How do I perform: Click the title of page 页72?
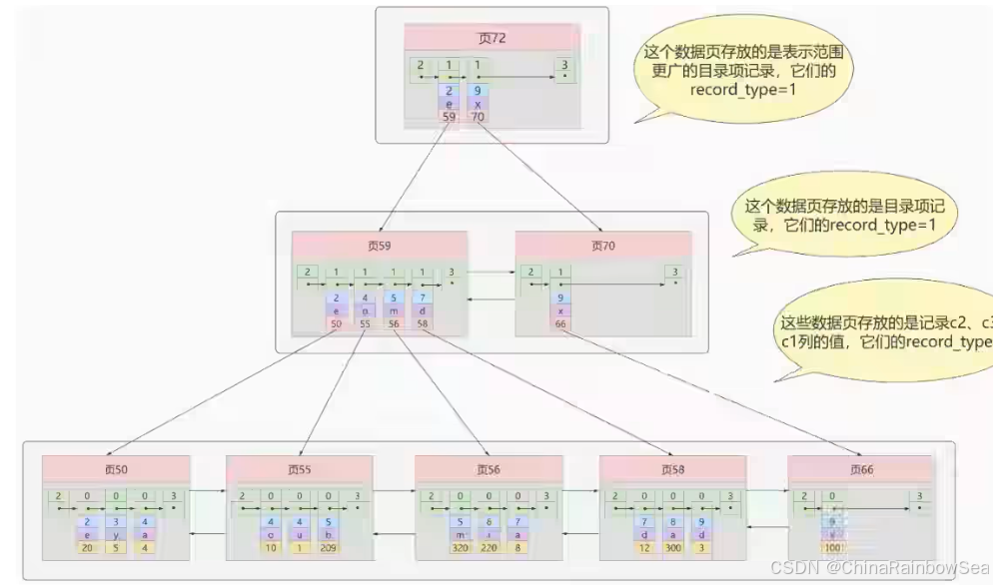pyautogui.click(x=491, y=39)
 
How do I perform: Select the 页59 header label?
pyautogui.click(x=379, y=245)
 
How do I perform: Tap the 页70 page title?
pyautogui.click(x=602, y=245)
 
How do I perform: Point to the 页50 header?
pyautogui.click(x=116, y=469)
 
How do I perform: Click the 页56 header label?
pyautogui.click(x=489, y=469)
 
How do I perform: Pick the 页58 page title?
pyautogui.click(x=672, y=469)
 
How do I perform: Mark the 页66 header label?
pyautogui.click(x=860, y=469)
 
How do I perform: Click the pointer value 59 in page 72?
pyautogui.click(x=450, y=117)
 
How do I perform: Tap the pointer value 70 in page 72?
pyautogui.click(x=478, y=117)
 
